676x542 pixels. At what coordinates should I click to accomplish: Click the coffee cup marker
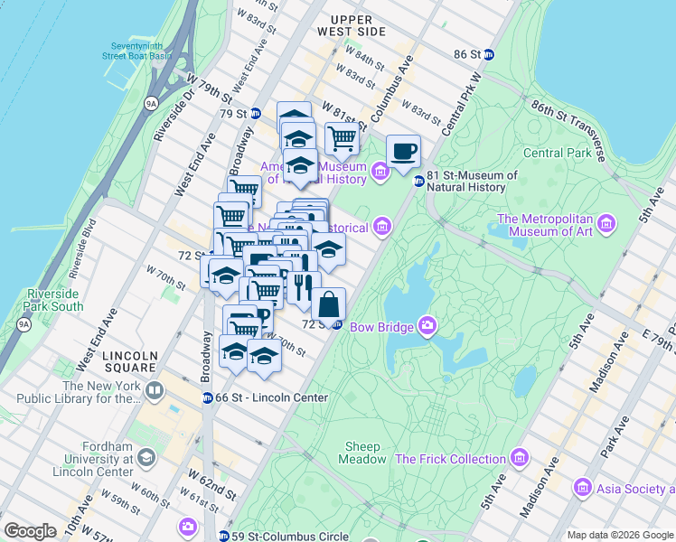coord(403,150)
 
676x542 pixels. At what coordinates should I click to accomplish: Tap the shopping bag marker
coord(329,304)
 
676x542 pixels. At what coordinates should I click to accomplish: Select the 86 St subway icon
coord(489,54)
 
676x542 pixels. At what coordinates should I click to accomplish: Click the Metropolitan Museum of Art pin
coord(606,222)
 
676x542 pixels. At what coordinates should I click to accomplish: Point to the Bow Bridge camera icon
coord(427,325)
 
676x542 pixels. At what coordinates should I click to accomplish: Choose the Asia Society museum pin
coord(583,489)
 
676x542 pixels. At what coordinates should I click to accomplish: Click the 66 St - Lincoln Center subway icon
coord(207,398)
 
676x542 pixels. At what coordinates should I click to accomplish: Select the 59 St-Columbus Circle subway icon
coord(223,536)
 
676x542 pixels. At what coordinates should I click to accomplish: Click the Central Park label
coord(556,153)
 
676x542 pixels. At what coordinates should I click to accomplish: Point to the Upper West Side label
coord(358,25)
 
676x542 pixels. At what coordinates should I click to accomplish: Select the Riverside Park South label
coord(55,300)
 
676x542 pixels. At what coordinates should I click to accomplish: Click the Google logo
coord(30,531)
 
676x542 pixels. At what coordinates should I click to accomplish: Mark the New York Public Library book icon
coord(155,391)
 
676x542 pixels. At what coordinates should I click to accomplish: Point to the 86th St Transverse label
coord(567,124)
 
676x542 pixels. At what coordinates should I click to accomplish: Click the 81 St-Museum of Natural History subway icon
coord(418,182)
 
